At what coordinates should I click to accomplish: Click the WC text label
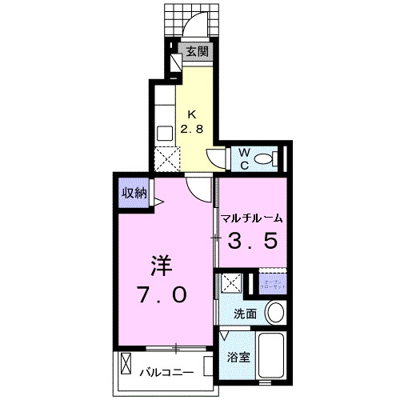[243, 157]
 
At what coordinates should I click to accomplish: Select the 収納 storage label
[134, 192]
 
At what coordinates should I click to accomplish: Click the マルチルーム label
[254, 218]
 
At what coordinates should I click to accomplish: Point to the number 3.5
[254, 240]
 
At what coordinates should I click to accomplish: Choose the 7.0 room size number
[164, 294]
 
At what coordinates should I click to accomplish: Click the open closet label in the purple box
[273, 284]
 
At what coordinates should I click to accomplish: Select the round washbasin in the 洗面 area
[274, 312]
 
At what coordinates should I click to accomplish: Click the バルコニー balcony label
[168, 372]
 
